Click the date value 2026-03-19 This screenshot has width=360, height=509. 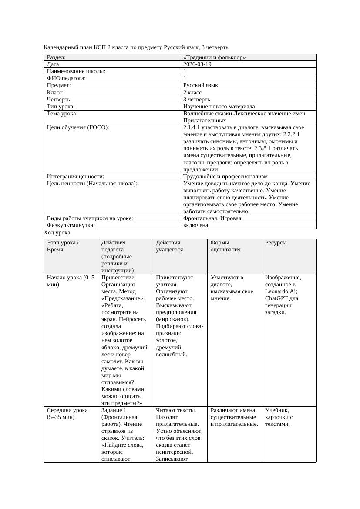197,64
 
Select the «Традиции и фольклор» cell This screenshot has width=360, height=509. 214,57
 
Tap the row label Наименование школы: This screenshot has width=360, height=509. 76,71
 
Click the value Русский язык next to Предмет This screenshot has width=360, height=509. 201,85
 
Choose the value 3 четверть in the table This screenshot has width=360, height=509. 197,99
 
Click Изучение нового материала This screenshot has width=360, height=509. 219,106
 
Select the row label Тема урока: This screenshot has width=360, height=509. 62,114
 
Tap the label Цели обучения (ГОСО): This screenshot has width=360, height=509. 78,127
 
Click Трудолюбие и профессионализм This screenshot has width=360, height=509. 225,177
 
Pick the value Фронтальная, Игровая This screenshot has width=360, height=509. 212,218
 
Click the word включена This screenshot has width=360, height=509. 195,225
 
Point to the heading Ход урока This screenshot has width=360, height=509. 57,233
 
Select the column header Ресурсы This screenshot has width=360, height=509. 276,243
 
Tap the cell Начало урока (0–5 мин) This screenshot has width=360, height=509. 70,281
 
